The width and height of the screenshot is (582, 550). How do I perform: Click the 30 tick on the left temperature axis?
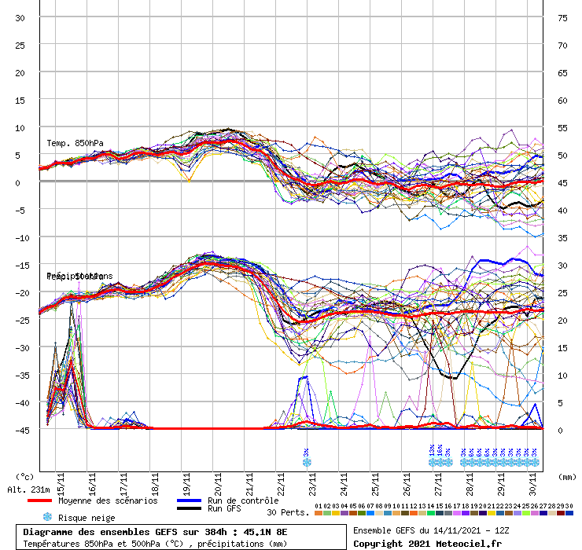20,17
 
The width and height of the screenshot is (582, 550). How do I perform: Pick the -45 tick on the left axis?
20,430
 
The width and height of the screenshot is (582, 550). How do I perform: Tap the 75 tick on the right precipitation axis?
562,17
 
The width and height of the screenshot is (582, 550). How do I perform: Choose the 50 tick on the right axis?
562,155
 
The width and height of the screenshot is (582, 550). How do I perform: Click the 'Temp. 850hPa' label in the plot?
75,143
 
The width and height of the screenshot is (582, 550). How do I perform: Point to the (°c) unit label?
24,476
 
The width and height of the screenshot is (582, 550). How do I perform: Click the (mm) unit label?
565,476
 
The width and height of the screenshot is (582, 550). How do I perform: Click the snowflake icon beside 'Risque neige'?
47,517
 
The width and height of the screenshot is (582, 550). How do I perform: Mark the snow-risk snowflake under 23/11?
307,462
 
